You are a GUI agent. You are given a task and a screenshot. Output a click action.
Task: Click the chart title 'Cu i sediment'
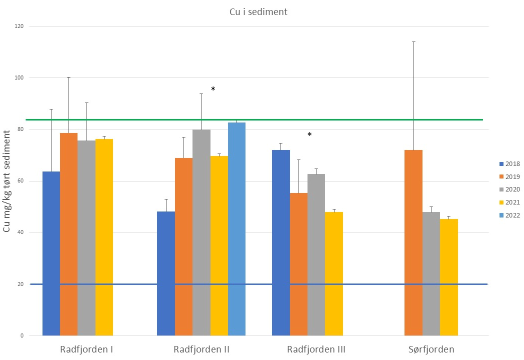262,12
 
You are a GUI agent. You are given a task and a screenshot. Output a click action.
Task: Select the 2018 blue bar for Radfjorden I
51,253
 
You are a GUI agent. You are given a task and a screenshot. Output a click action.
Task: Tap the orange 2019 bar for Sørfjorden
413,242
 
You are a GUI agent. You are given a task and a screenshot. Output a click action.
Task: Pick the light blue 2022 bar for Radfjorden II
236,228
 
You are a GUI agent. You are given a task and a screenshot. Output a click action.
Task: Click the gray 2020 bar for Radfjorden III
316,254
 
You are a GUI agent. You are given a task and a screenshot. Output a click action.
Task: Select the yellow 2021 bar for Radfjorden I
104,237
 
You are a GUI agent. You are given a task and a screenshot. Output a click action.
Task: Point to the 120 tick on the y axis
21,26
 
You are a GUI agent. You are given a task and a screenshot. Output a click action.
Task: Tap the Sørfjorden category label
430,349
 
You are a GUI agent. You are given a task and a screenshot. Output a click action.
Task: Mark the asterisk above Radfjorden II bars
213,89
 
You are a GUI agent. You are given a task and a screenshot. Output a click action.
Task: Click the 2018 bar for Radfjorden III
280,242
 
